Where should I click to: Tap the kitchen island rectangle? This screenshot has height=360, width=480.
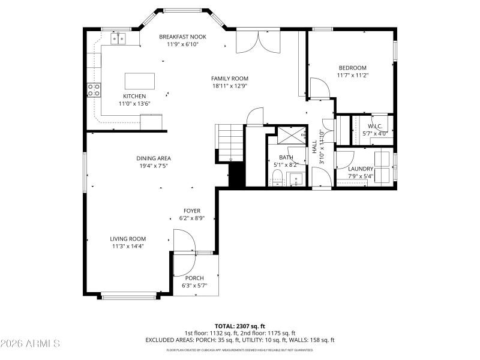139,81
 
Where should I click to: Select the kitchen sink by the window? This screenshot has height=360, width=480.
118,38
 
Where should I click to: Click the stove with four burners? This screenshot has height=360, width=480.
94,90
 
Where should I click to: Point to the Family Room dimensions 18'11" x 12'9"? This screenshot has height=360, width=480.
229,86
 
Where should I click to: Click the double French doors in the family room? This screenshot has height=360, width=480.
257,43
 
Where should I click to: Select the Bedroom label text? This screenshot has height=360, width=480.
352,68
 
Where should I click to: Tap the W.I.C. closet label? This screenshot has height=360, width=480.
374,126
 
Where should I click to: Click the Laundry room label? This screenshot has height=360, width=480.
361,169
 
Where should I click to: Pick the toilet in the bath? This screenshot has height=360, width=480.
277,176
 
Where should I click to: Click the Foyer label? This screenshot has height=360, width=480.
192,211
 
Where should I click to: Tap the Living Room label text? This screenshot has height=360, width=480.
128,238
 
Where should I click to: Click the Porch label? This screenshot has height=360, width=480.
194,278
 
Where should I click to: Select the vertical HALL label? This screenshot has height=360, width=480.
314,146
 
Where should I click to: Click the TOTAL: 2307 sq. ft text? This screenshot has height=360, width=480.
240,326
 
